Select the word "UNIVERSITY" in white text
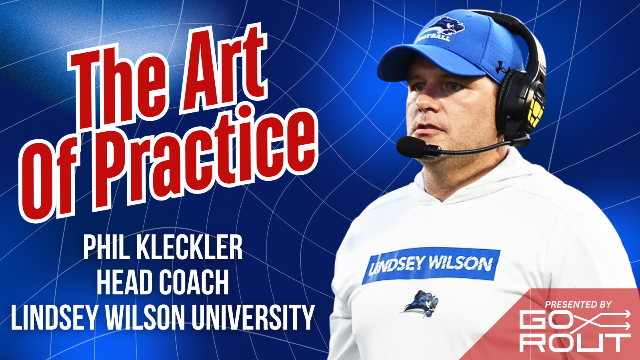[x=253, y=318]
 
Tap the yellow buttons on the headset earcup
[x=535, y=112]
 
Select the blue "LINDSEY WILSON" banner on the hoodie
[x=431, y=265]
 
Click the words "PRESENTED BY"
[x=578, y=304]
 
